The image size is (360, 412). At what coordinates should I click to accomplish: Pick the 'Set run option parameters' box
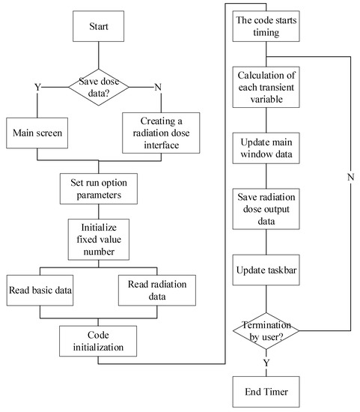(x=99, y=188)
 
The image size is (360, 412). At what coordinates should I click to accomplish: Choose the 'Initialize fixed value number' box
(x=99, y=238)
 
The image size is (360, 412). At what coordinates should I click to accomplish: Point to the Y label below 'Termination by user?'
(x=267, y=362)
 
